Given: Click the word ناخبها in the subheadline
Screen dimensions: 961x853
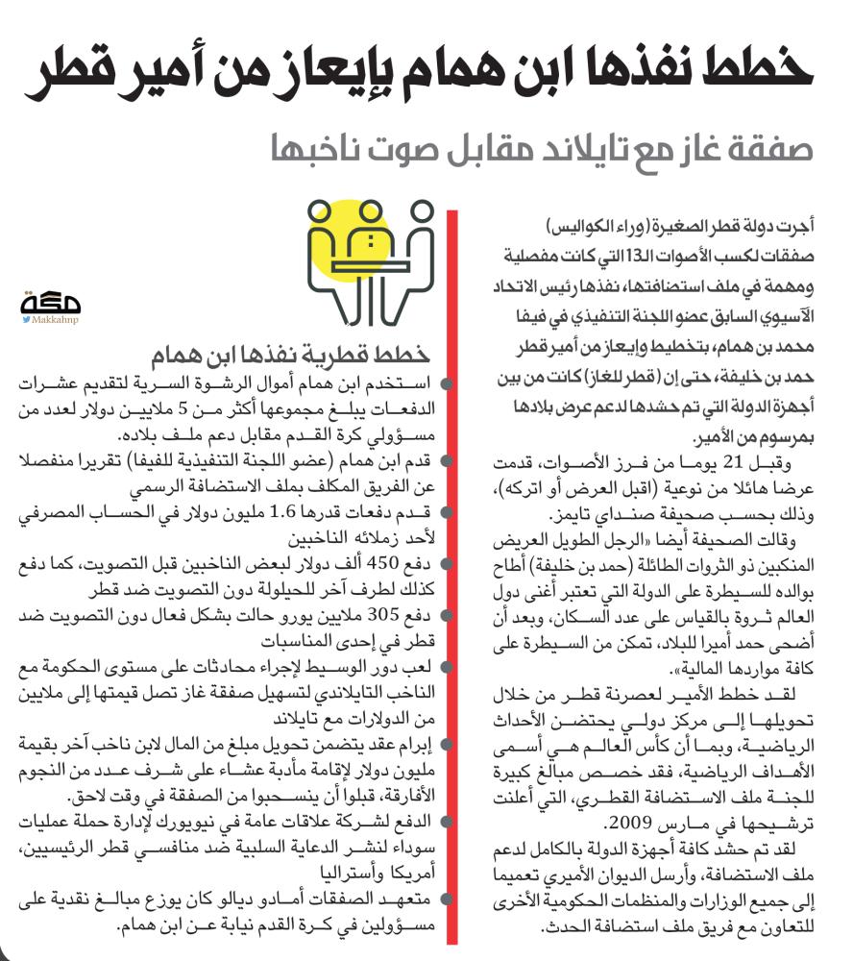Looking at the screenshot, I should (313, 150).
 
